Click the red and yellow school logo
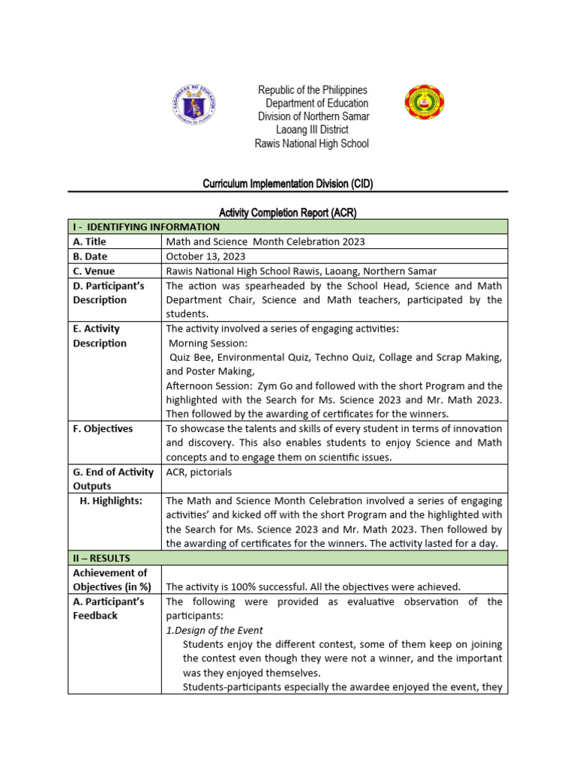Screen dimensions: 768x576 (x=424, y=103)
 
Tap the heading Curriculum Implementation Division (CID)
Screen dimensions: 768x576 (x=288, y=184)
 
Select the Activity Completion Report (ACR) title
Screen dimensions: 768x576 (x=287, y=213)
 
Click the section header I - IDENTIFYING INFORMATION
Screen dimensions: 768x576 (x=146, y=226)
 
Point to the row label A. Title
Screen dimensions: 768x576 (x=89, y=241)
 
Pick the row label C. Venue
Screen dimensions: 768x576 (x=94, y=271)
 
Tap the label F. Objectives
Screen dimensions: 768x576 (x=103, y=429)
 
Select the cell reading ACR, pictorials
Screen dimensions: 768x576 (x=199, y=472)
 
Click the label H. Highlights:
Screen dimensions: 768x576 (x=111, y=501)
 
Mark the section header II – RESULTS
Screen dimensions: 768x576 (x=101, y=558)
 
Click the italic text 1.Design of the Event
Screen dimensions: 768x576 (x=214, y=630)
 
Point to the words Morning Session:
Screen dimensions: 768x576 (x=202, y=343)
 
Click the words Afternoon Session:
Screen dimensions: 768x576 (x=208, y=385)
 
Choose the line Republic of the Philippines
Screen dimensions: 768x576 (x=313, y=90)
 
